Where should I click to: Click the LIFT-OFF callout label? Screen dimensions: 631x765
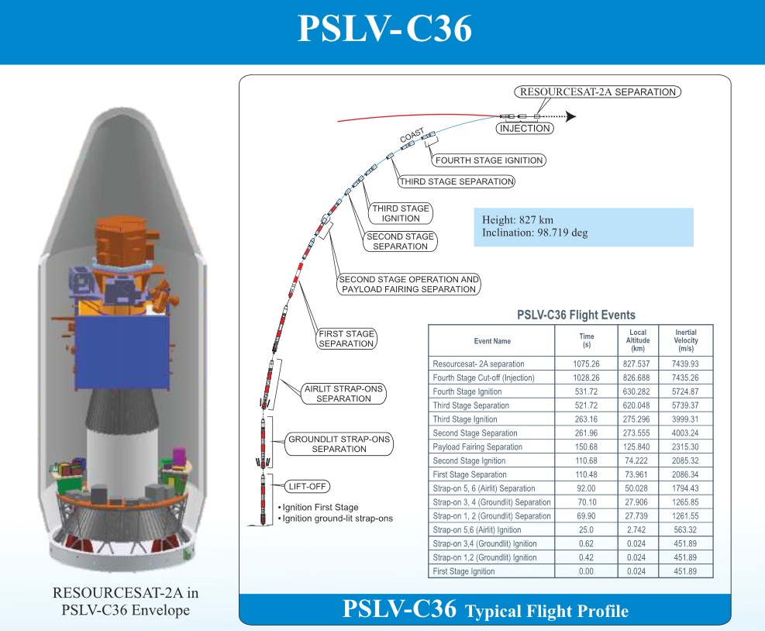click(308, 487)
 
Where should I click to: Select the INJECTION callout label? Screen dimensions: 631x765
click(525, 129)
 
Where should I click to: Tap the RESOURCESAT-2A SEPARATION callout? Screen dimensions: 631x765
click(598, 91)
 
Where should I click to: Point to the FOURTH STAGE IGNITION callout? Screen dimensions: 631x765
click(489, 160)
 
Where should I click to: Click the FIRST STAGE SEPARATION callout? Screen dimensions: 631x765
click(346, 339)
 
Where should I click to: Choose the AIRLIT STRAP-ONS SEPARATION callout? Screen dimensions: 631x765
click(343, 393)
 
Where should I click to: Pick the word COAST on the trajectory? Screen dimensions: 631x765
click(412, 136)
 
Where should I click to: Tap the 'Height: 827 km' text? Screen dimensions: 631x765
click(518, 219)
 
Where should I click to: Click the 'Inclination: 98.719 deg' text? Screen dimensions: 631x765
click(535, 233)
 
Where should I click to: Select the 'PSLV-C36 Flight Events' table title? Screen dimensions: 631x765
click(576, 315)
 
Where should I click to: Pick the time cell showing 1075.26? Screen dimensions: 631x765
click(586, 364)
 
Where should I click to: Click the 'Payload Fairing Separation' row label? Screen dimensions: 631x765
click(477, 447)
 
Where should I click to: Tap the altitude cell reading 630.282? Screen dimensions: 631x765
click(637, 391)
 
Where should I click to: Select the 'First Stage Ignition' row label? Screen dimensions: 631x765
click(463, 571)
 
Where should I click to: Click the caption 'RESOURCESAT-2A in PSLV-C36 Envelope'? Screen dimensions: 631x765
click(125, 601)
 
